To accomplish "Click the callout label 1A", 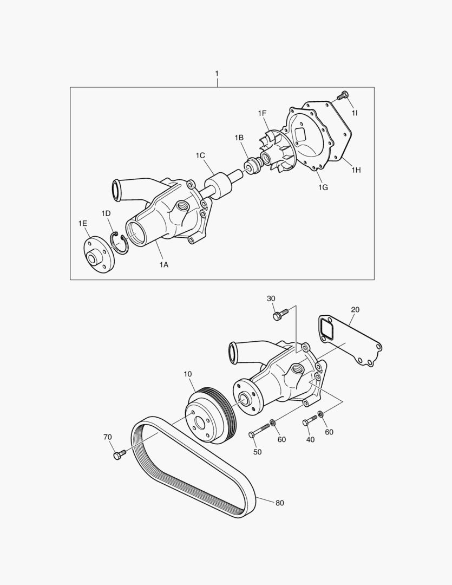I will click(163, 265).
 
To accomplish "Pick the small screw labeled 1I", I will click(342, 96).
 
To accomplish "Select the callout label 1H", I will click(356, 170).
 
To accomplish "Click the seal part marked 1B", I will click(251, 165).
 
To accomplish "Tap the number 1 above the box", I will click(217, 73).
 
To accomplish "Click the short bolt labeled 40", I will click(310, 421).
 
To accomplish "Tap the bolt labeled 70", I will click(119, 454).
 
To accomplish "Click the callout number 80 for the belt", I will click(279, 503).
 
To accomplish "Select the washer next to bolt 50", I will click(273, 422).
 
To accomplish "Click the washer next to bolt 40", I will click(321, 415).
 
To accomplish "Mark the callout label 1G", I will click(323, 187).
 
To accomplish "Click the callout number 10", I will click(188, 374).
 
